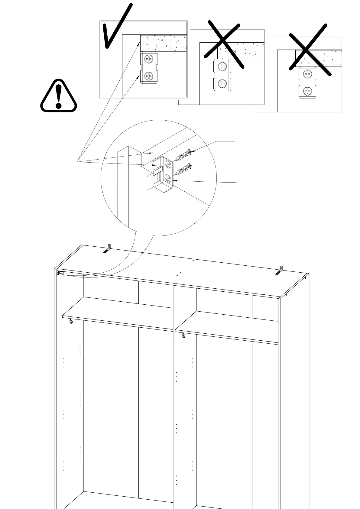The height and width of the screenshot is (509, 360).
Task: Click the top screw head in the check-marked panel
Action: (149, 59)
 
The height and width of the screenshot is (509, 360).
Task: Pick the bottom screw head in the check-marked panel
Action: (149, 76)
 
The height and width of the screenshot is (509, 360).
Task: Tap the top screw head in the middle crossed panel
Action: (222, 66)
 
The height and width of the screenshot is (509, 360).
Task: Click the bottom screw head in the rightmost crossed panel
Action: (307, 91)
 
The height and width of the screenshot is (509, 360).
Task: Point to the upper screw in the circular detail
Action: (183, 156)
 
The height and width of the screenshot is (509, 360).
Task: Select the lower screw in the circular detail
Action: (183, 170)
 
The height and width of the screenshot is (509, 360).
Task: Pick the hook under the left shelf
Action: (71, 321)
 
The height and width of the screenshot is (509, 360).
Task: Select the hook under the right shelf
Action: (183, 335)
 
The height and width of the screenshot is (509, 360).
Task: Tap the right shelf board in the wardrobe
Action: (227, 326)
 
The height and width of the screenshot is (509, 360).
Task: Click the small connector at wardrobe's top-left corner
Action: (58, 273)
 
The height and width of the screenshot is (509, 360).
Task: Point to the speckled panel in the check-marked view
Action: (163, 43)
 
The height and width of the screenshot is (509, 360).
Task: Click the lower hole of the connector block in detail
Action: (167, 180)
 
